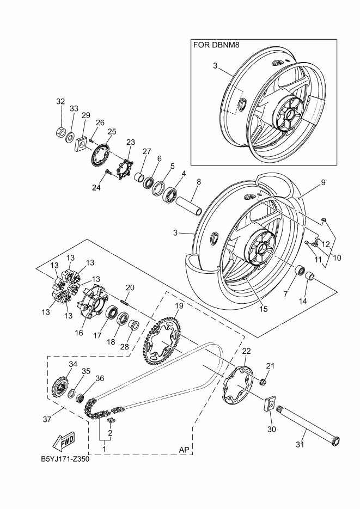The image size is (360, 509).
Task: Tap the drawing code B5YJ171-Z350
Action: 65,458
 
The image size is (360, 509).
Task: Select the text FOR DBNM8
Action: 216,46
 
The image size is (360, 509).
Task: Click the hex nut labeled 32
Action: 61,133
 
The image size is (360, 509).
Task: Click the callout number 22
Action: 246,351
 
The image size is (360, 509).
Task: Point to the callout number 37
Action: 47,420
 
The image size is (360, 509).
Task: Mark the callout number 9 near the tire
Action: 322,183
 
